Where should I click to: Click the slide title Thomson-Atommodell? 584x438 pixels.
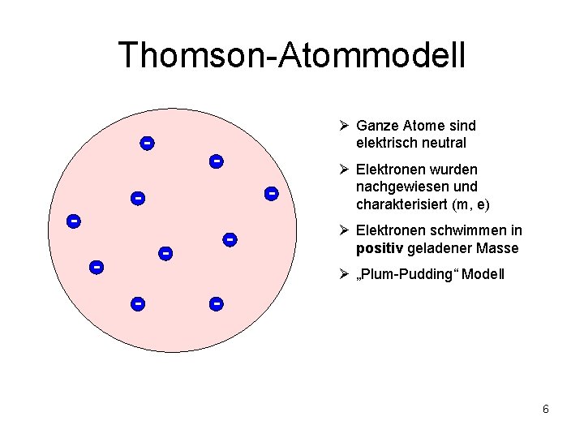(292, 55)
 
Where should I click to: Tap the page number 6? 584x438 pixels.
(546, 409)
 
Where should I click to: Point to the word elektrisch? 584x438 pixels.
(386, 143)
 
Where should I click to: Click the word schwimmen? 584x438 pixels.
(473, 230)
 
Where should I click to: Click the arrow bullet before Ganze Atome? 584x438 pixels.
(344, 126)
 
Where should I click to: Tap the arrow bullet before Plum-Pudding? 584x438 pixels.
(344, 274)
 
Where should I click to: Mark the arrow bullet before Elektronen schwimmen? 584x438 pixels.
(344, 230)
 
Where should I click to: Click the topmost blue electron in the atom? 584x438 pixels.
(147, 144)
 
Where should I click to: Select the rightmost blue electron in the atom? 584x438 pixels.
(271, 193)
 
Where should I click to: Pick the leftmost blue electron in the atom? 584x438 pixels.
(73, 221)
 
